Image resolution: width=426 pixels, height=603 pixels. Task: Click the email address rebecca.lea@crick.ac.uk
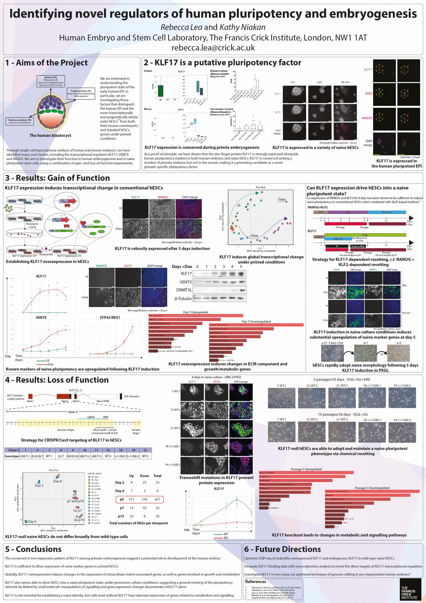(x=213, y=48)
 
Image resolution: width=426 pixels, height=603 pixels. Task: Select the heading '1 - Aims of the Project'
(x=46, y=63)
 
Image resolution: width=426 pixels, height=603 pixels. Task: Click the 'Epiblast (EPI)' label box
(x=51, y=81)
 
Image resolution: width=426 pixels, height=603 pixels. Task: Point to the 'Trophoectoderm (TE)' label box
(x=81, y=94)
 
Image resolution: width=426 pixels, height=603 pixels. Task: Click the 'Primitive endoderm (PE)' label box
(x=20, y=121)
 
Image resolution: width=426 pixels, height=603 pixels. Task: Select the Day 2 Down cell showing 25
(x=144, y=482)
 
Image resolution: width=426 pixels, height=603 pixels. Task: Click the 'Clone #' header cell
(x=12, y=450)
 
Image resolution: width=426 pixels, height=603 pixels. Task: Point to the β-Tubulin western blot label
(x=183, y=298)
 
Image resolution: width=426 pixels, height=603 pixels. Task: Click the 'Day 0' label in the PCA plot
(x=32, y=522)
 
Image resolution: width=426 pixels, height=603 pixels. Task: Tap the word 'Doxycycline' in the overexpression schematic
(x=46, y=254)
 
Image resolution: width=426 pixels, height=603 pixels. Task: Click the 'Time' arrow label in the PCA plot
(x=281, y=200)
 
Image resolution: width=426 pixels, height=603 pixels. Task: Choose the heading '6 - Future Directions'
(x=283, y=549)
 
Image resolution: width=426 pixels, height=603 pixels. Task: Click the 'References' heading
(x=256, y=582)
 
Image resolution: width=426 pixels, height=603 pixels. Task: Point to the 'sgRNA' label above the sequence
(x=91, y=417)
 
